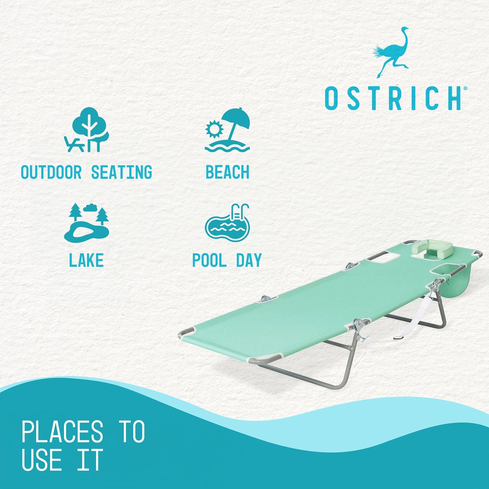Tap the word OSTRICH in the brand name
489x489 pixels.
(x=393, y=98)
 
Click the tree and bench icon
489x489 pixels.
(x=87, y=130)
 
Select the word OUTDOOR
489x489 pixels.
(x=51, y=173)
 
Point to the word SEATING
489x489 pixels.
(x=121, y=173)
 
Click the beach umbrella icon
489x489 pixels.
(x=235, y=124)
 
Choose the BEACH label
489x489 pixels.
(x=227, y=173)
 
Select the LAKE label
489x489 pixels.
(x=86, y=261)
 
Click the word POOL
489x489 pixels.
(x=209, y=261)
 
